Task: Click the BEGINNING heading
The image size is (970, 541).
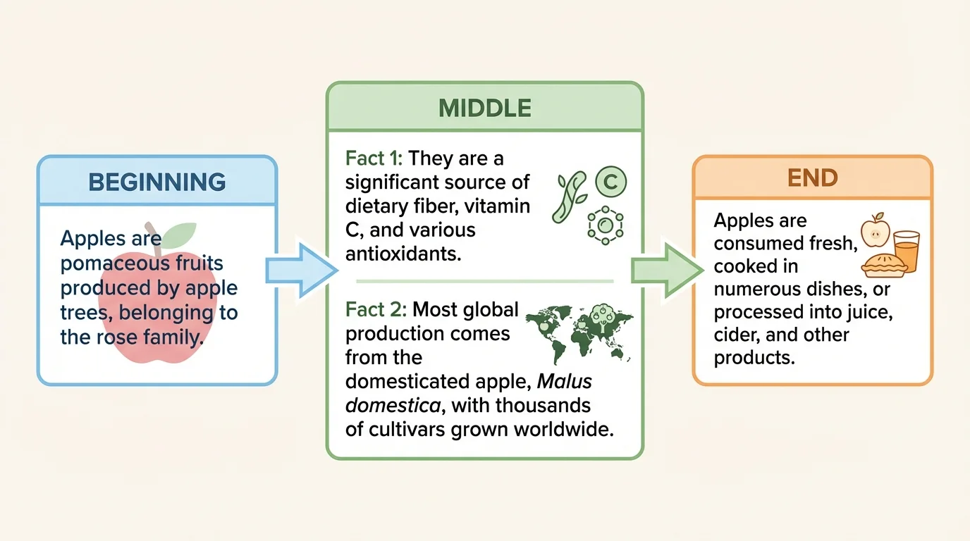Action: [x=156, y=182]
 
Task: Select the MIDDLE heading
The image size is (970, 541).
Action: [x=484, y=108]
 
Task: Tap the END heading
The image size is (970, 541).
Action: [x=812, y=177]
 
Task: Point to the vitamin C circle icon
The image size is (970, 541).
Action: [x=610, y=182]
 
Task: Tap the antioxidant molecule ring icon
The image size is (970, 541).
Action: [x=605, y=226]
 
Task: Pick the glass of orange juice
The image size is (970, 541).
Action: [x=906, y=252]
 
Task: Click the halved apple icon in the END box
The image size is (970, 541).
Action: [x=876, y=230]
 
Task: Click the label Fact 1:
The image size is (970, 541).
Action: [x=374, y=158]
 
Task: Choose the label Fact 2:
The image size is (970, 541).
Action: [x=375, y=309]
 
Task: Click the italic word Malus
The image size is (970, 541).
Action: [x=565, y=381]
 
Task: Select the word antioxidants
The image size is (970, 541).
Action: [x=403, y=254]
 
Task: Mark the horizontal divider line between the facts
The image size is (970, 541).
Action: [x=484, y=281]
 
